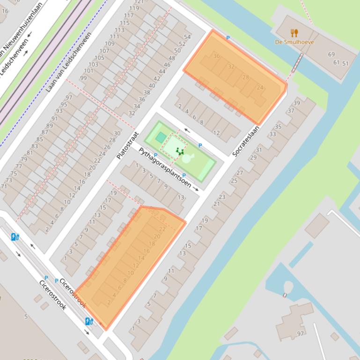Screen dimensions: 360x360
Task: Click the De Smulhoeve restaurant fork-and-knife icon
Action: [294, 33]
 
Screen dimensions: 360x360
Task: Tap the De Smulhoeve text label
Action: [294, 42]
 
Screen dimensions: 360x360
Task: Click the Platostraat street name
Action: [127, 145]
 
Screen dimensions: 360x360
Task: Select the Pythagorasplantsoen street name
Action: [164, 167]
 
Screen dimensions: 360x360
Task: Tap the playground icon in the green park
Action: [179, 151]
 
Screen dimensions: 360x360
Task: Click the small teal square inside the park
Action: [161, 137]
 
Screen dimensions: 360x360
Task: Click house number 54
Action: [187, 37]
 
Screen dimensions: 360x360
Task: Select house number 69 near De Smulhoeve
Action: [331, 55]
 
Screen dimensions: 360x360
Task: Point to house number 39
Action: [297, 103]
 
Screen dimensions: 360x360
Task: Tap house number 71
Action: [4, 187]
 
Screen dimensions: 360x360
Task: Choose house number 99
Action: [83, 78]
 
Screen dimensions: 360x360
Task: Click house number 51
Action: [345, 64]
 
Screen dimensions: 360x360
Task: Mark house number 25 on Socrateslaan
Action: [234, 180]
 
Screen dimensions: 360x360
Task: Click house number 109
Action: [110, 44]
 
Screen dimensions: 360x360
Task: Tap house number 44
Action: [162, 72]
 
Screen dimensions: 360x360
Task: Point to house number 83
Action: [35, 146]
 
